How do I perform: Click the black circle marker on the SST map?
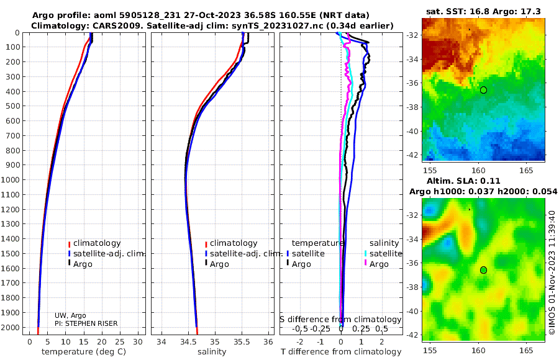coord(483,90)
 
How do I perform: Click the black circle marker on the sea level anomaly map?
coord(483,270)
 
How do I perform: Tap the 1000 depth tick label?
coord(10,179)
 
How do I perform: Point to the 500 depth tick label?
coord(12,106)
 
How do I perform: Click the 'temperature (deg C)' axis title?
coord(84,352)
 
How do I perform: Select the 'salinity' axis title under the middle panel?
coord(212,352)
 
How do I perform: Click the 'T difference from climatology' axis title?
coord(341,352)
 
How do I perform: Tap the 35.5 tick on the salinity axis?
coord(242,342)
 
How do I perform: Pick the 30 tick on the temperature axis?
coord(138,342)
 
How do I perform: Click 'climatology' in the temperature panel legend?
coord(97,243)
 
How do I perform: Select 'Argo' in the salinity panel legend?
coord(219,264)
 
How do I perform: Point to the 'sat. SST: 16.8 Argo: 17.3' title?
coord(483,11)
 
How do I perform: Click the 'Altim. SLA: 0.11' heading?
coord(463,181)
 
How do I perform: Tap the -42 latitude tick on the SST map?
coord(412,155)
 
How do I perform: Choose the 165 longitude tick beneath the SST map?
coord(526,170)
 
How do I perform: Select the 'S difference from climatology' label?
coord(340,320)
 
